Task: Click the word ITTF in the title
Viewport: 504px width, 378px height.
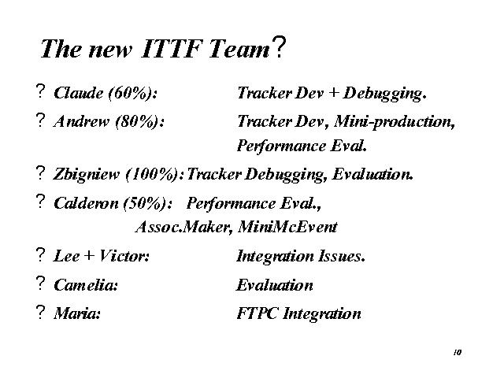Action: click(172, 49)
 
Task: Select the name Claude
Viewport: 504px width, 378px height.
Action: click(79, 93)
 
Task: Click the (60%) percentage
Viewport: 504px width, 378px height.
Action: click(132, 94)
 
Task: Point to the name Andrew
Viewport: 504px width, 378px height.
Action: click(82, 121)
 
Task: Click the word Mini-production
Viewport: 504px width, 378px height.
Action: click(395, 122)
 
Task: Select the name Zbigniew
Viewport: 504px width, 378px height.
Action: click(86, 175)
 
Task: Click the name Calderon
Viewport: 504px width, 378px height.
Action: click(86, 203)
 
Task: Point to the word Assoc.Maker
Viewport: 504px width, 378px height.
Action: click(183, 227)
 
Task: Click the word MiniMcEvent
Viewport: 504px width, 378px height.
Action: click(287, 227)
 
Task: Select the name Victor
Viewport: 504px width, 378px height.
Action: click(124, 256)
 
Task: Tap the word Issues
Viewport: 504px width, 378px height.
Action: click(341, 257)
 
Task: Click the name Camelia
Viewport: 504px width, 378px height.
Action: click(86, 285)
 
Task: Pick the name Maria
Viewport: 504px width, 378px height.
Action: click(77, 313)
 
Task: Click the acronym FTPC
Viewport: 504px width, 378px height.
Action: click(257, 313)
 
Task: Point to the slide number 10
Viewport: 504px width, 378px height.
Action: click(458, 353)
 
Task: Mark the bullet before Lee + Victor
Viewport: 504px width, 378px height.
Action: click(40, 254)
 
